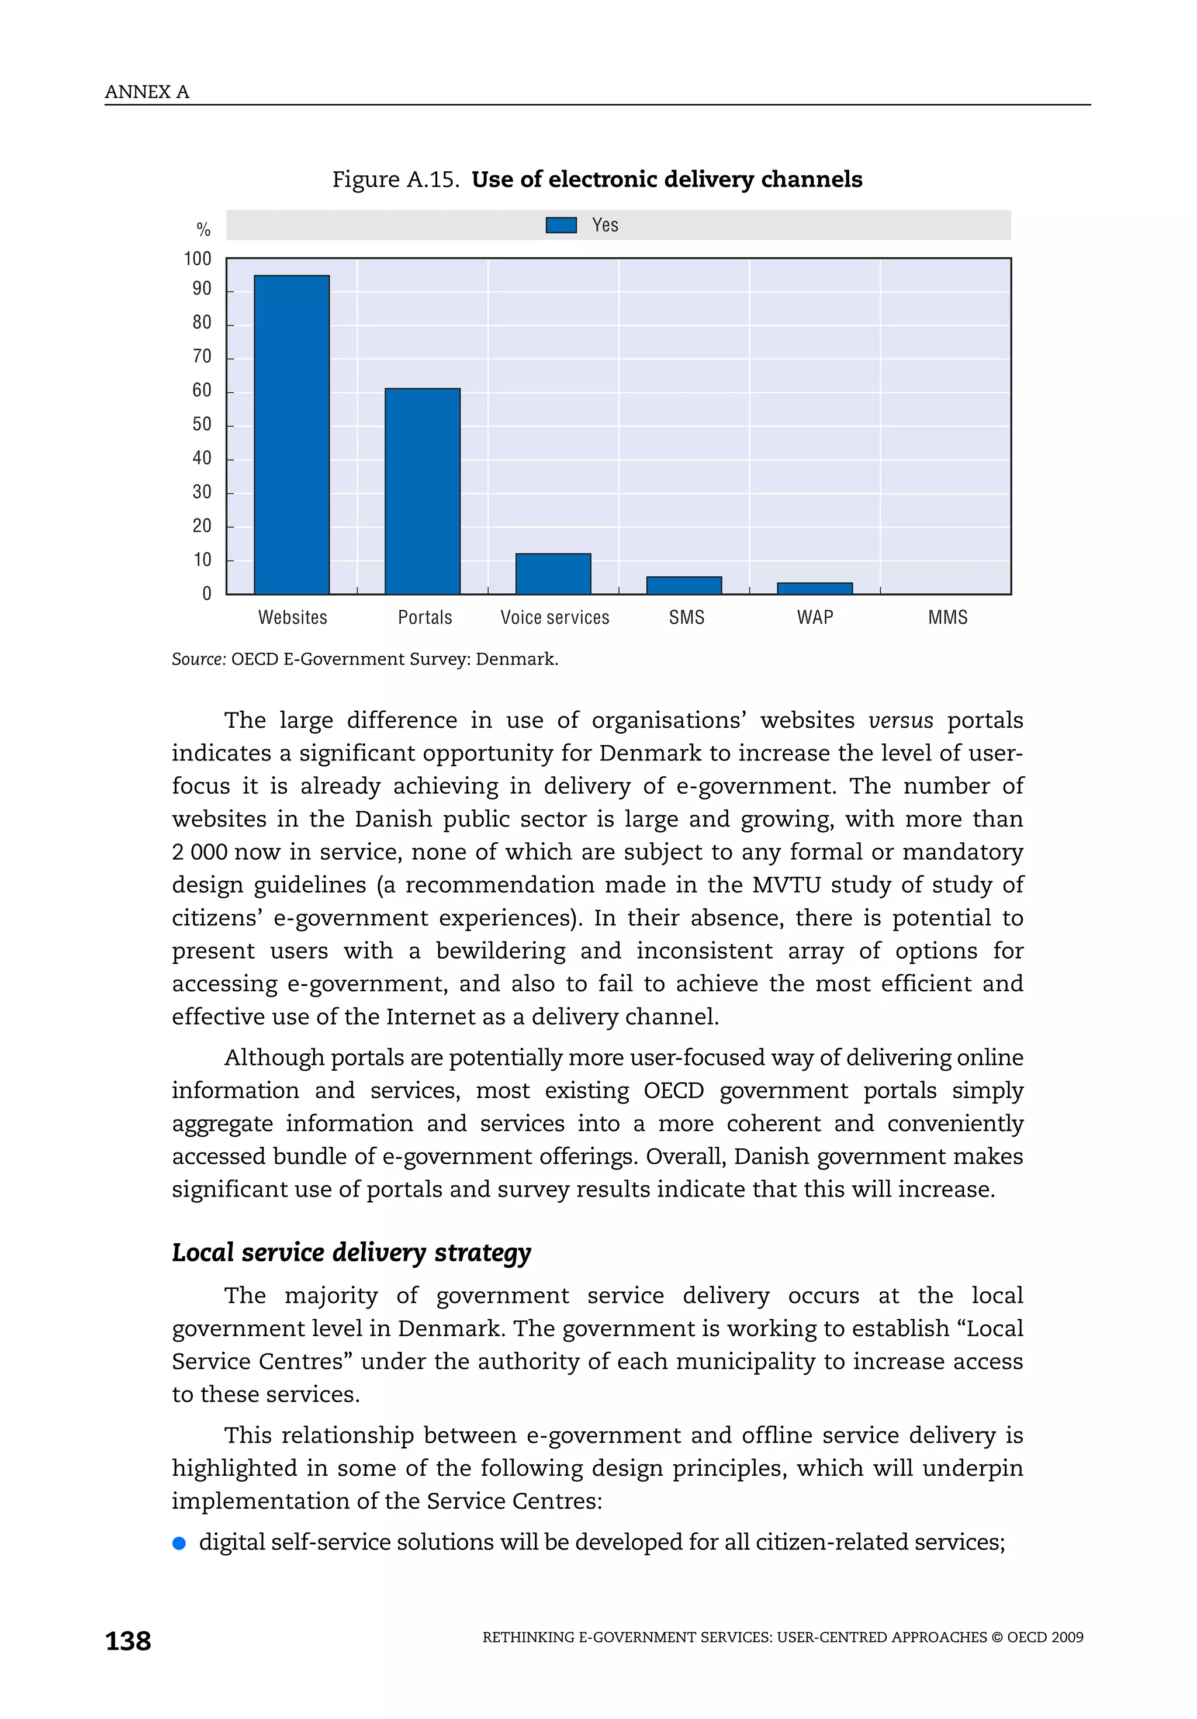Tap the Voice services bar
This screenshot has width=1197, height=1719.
point(553,573)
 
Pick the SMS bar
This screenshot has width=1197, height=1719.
point(683,586)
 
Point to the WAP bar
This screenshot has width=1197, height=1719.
point(815,589)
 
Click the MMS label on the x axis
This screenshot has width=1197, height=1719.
point(947,618)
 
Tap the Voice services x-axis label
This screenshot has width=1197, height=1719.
point(555,618)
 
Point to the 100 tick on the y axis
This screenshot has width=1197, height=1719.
point(198,259)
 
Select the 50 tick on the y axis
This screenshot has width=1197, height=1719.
point(202,424)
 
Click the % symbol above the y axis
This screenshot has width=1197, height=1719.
point(203,230)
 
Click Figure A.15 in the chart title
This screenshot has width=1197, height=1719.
point(395,179)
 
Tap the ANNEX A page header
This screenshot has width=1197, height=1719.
point(147,92)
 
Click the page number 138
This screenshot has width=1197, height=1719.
point(128,1641)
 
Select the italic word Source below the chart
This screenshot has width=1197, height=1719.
point(198,659)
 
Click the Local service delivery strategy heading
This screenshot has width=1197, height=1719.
point(351,1253)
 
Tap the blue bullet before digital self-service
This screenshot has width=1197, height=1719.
point(179,1543)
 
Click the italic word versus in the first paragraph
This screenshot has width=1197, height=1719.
point(900,720)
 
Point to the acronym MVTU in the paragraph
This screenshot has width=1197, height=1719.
point(786,885)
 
